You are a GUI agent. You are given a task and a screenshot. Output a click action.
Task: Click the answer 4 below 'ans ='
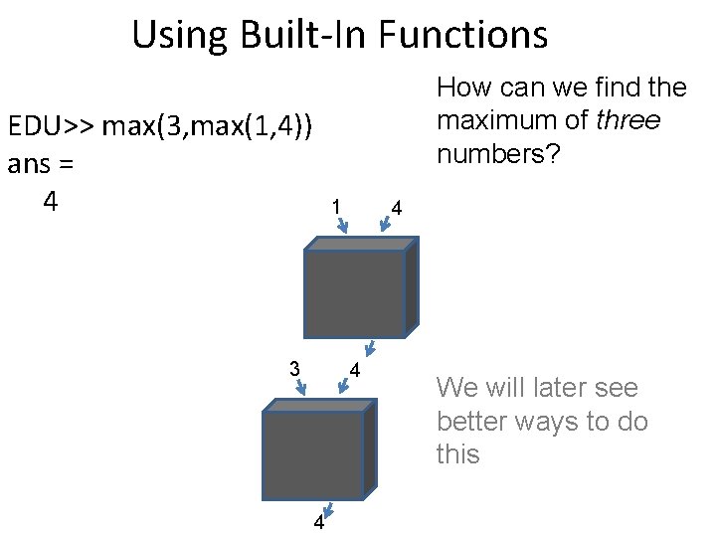coord(51,201)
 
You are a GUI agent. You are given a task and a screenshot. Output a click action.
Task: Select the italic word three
coord(627,120)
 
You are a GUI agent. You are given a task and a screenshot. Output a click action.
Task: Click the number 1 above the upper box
coord(336,206)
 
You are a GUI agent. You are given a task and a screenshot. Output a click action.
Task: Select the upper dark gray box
coord(355,294)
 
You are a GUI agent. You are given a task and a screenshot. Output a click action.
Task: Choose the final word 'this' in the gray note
coord(457,454)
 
